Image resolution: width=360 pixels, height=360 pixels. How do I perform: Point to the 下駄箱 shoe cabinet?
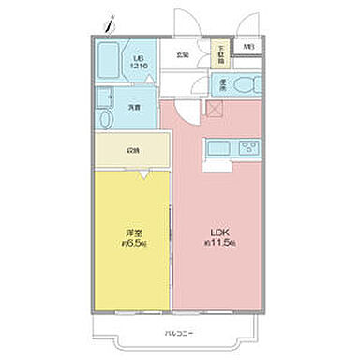point(221,55)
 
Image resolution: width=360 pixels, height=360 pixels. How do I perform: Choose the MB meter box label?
point(248,47)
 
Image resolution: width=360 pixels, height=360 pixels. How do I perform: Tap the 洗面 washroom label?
point(136,108)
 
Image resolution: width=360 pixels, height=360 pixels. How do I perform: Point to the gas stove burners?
point(248,147)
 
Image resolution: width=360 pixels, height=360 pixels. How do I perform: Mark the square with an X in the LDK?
point(215,109)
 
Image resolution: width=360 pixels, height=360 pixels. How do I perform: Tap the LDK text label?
point(215,232)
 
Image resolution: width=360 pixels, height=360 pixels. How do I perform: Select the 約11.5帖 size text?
point(215,243)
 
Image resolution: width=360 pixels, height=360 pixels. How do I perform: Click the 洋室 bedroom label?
point(133,232)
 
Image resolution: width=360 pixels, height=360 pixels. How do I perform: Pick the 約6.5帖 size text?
point(133,243)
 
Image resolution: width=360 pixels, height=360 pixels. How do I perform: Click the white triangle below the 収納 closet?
point(142,174)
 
